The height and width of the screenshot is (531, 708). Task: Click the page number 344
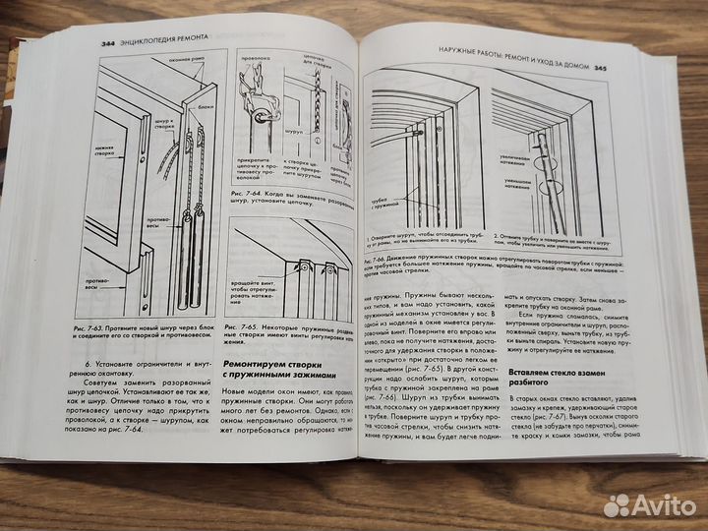(x=110, y=45)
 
